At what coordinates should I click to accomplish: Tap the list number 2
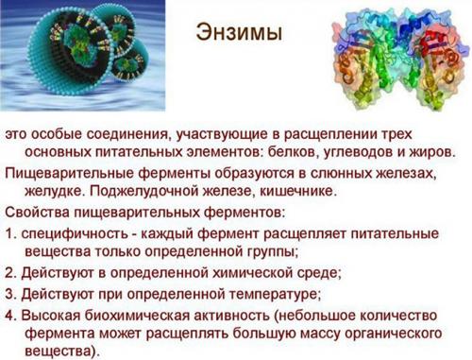[x=9, y=272]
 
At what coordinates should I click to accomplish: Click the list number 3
[x=9, y=292]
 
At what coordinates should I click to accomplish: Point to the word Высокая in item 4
[x=53, y=313]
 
